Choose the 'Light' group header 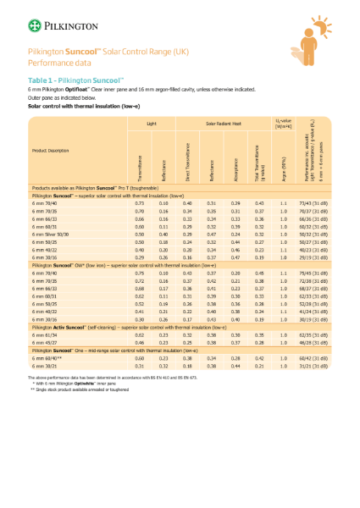[x=152, y=124]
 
